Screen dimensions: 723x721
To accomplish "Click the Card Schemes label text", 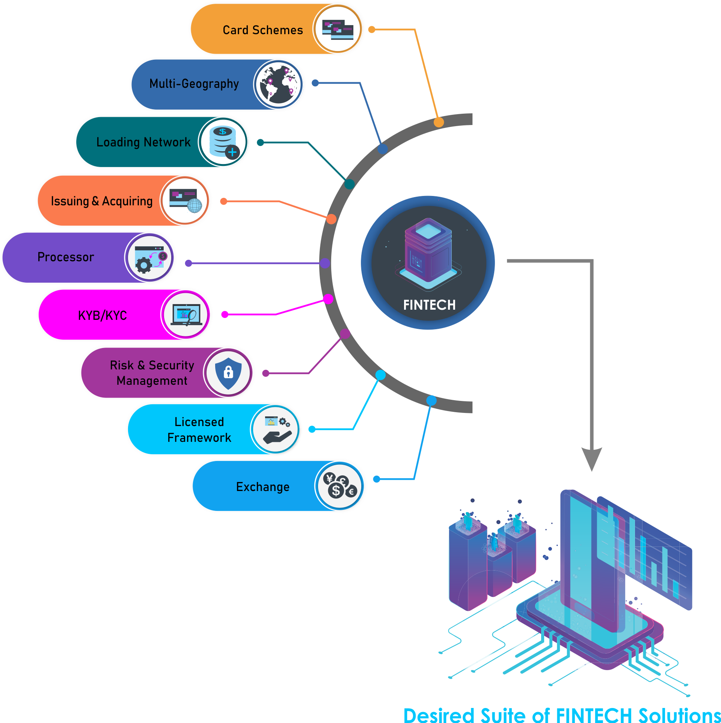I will click(262, 30).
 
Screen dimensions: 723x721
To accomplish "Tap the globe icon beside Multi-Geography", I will click(279, 84).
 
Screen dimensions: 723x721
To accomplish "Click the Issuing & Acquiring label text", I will click(102, 201).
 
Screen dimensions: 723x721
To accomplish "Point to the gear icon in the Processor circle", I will click(144, 265).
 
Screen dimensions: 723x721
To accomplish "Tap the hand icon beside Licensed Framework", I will click(277, 437).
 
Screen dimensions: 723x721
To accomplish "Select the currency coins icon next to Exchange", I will click(340, 486).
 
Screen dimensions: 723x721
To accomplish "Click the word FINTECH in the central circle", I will click(429, 305).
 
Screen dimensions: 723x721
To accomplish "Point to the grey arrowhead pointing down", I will click(591, 458).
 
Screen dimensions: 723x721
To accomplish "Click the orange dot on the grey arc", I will click(439, 122).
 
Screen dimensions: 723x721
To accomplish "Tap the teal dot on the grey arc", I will click(349, 184).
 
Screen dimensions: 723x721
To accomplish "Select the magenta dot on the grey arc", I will click(328, 299).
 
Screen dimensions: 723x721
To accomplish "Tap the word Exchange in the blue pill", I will click(262, 487).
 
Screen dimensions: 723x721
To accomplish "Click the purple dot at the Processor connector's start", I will click(189, 263).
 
